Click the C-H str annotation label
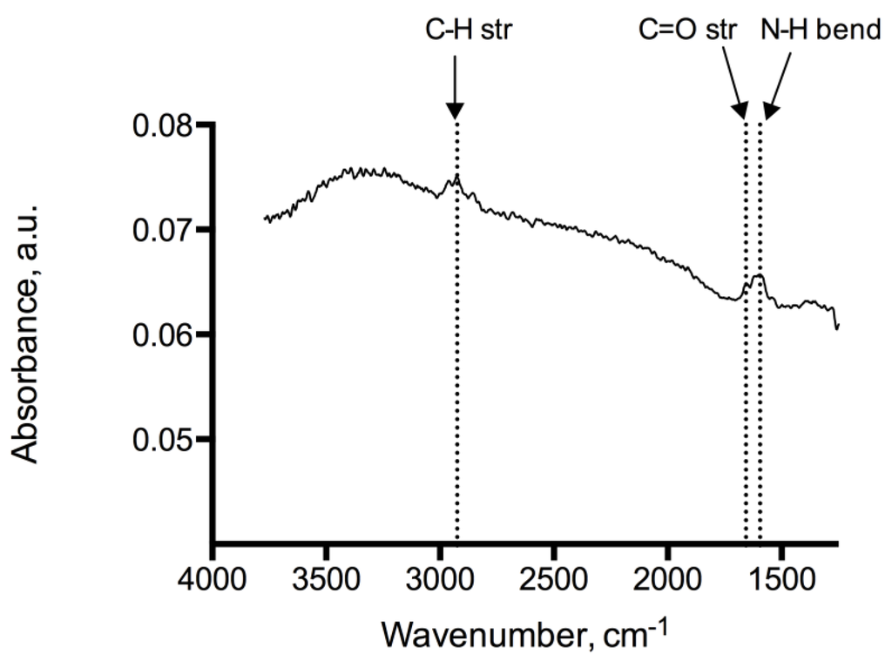point(455,31)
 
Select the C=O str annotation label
point(685,31)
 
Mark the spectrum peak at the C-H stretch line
point(456,177)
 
